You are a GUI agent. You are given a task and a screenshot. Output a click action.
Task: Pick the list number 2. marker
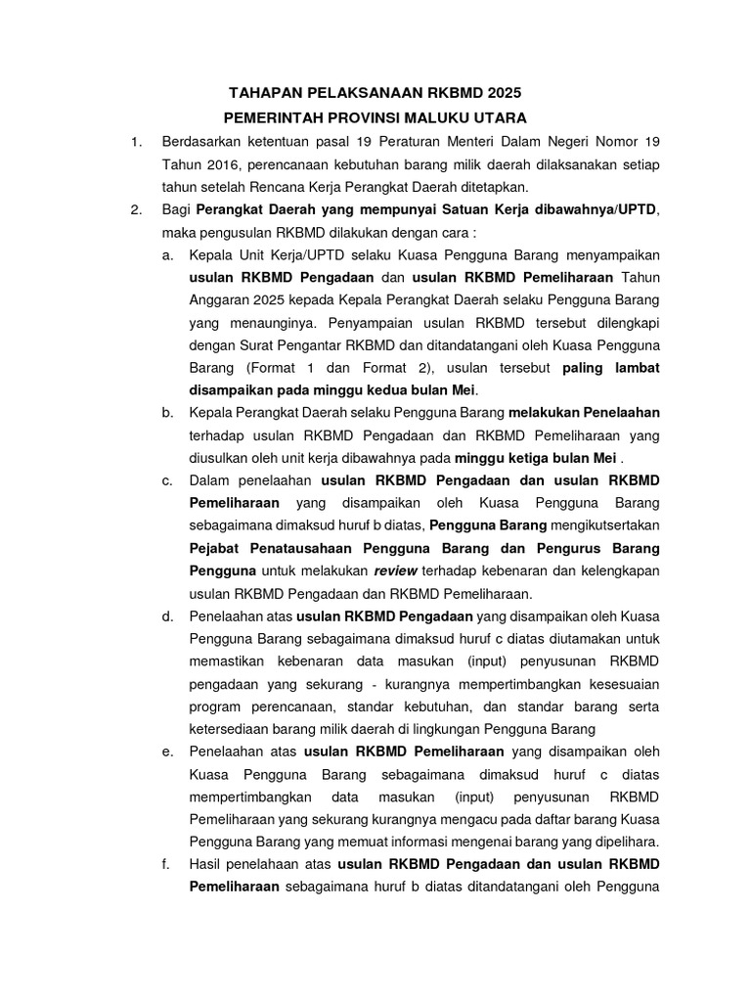click(x=137, y=209)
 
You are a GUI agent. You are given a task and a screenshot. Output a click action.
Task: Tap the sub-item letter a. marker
click(x=168, y=255)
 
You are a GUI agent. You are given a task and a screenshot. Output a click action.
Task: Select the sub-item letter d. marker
click(x=168, y=615)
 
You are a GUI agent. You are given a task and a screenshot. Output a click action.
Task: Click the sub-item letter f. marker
click(x=168, y=864)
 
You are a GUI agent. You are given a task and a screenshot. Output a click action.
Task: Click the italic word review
click(x=391, y=569)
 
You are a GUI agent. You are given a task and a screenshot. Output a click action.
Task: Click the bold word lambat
click(x=636, y=369)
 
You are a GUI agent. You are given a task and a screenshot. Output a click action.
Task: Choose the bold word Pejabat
click(x=218, y=547)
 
